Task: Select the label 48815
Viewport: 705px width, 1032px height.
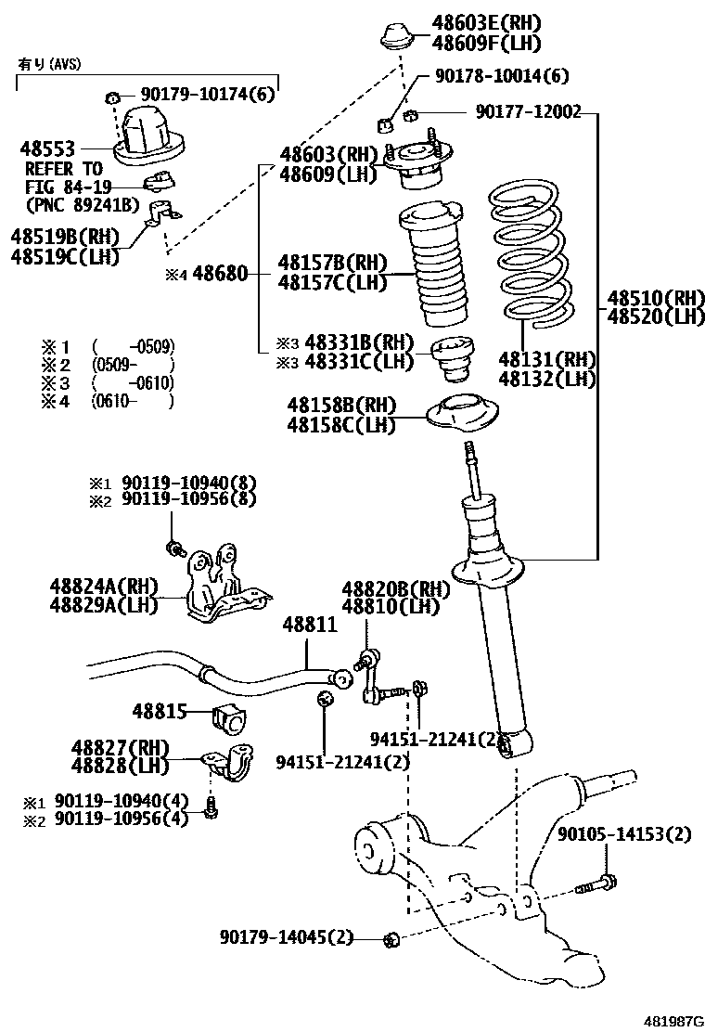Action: tap(160, 713)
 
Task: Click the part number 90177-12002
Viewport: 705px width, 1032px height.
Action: tap(528, 112)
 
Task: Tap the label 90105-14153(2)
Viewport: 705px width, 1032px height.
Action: tap(624, 834)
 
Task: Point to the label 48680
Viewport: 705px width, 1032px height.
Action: tap(220, 276)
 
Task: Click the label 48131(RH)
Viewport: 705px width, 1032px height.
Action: tap(546, 360)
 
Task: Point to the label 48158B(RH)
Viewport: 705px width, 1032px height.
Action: tap(340, 405)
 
